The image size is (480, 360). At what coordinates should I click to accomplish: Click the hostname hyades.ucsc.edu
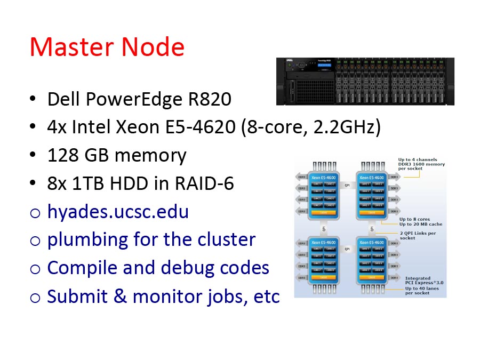(118, 212)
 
